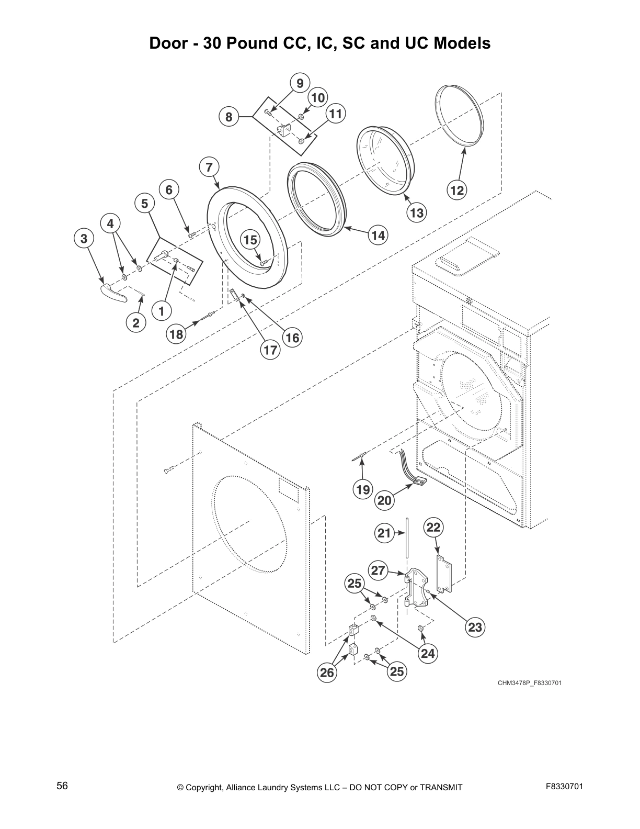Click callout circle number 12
pyautogui.click(x=457, y=191)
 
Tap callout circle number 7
pyautogui.click(x=209, y=167)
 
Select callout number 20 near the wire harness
pyautogui.click(x=384, y=500)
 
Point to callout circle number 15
pyautogui.click(x=250, y=240)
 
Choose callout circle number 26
pyautogui.click(x=327, y=672)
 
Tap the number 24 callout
pyautogui.click(x=428, y=653)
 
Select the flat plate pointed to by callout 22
pyautogui.click(x=444, y=574)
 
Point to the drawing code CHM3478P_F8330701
pyautogui.click(x=529, y=683)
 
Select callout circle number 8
pyautogui.click(x=228, y=117)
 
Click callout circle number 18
pyautogui.click(x=177, y=334)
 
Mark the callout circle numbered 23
pyautogui.click(x=475, y=627)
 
